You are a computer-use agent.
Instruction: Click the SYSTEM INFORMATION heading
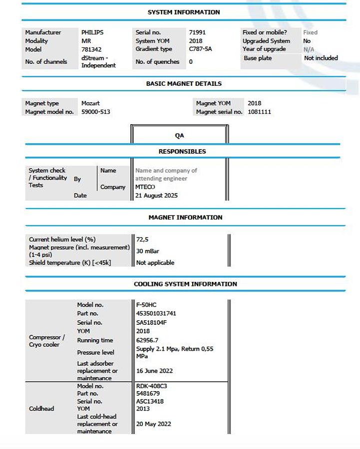coord(184,12)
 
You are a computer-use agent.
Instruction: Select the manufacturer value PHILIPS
coord(92,32)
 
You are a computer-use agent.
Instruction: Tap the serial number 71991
coord(197,32)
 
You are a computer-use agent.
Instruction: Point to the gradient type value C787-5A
coord(201,49)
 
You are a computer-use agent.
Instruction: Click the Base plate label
coord(258,58)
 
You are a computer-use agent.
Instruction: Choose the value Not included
coord(321,58)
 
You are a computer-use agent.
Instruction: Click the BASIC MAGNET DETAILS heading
coord(184,84)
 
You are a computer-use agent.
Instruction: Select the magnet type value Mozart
coord(90,103)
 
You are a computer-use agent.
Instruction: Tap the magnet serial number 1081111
coord(259,112)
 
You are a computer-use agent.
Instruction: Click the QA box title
coord(179,136)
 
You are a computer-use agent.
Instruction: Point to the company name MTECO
coord(145,187)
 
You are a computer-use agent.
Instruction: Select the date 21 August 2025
coord(156,196)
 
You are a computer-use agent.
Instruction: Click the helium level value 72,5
coord(143,240)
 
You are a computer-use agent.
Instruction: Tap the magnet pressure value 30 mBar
coord(148,251)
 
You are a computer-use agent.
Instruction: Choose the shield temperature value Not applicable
coord(155,263)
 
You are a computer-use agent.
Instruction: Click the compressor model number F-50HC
coord(146,305)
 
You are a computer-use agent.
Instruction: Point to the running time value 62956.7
coord(148,340)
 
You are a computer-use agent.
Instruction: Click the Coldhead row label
coord(41,409)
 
